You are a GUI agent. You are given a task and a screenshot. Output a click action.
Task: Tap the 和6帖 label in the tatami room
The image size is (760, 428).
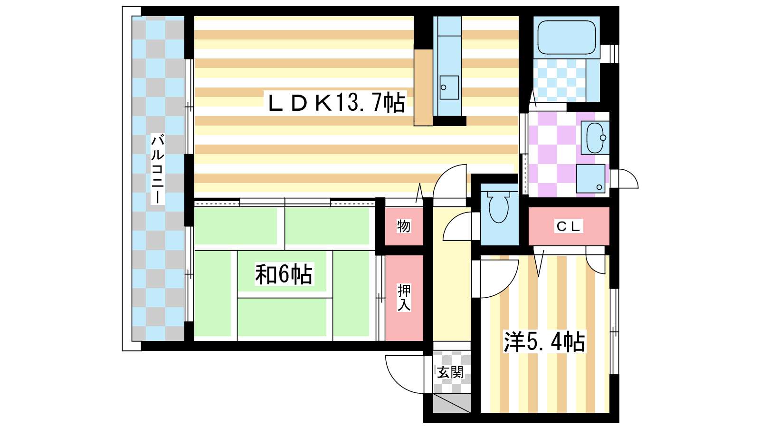[x=284, y=274]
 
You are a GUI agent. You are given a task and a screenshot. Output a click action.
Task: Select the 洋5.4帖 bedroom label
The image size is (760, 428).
[x=544, y=341]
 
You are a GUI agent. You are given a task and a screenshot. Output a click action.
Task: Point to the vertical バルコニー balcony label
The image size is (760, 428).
[x=157, y=169]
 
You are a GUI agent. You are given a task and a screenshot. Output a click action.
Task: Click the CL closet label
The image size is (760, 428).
[x=569, y=226]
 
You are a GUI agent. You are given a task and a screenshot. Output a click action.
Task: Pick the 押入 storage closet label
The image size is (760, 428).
[x=404, y=298]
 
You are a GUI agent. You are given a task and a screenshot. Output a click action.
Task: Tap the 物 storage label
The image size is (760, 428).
[x=404, y=226]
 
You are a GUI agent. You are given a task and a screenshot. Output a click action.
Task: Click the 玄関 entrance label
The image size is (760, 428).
[x=450, y=372]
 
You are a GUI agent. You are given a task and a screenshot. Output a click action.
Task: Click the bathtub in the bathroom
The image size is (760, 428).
[x=567, y=38]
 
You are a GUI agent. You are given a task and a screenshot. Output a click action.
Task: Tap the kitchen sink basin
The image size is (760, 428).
[x=449, y=88]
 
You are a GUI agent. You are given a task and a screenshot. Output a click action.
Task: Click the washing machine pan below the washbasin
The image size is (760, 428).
[x=591, y=179]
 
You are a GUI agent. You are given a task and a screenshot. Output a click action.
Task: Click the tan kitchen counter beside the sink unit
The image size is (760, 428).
[x=423, y=88]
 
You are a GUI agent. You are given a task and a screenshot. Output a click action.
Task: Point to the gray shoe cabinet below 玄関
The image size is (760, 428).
[x=452, y=403]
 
